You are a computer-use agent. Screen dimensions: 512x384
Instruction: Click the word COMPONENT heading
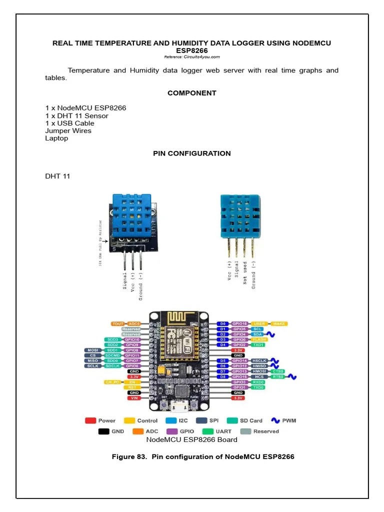coord(192,93)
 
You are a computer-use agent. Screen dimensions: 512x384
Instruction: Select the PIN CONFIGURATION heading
coord(192,153)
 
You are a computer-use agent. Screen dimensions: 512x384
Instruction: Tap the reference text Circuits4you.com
coord(192,57)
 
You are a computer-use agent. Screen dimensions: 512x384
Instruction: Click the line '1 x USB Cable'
coord(69,123)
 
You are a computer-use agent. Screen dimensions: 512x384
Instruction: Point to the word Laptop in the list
coord(56,138)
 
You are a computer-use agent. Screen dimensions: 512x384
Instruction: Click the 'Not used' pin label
coord(245,272)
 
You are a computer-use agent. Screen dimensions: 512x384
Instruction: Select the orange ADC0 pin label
coord(134,324)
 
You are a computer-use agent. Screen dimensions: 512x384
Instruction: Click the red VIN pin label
coord(134,398)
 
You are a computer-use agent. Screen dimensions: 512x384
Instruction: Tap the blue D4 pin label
coord(223,345)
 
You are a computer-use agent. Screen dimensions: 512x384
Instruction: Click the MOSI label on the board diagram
coord(92,350)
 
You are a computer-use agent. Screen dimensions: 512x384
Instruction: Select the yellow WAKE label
coord(278,324)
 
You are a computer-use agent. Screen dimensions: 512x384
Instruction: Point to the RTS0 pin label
coord(278,376)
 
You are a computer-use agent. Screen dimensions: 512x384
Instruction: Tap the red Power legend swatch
coord(90,420)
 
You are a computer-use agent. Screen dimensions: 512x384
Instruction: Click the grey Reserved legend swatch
coord(245,431)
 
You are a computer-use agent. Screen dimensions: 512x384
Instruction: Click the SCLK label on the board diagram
coord(92,366)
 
